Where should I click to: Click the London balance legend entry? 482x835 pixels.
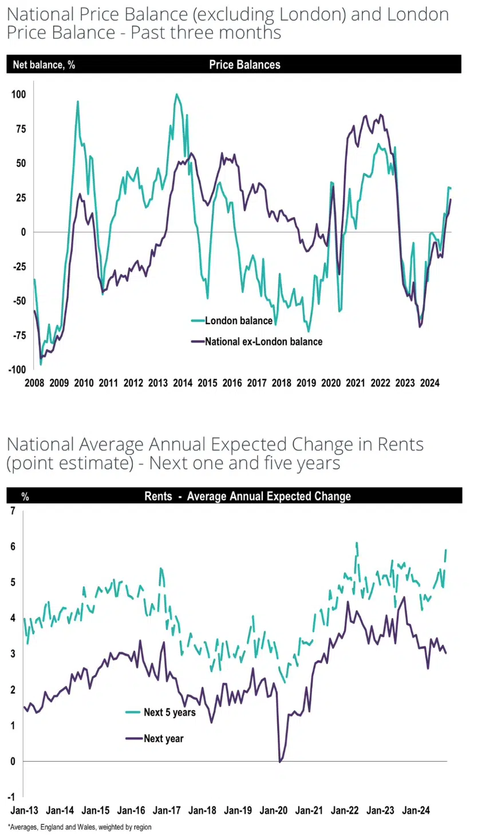(x=238, y=321)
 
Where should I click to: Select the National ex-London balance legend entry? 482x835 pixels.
(x=263, y=341)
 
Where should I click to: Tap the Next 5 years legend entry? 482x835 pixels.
(x=169, y=712)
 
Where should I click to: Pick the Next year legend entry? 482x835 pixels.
(x=163, y=739)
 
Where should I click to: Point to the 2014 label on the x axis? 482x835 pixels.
(x=183, y=383)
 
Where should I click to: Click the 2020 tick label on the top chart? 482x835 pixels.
(x=331, y=383)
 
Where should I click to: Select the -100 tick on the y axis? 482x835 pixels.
(x=17, y=369)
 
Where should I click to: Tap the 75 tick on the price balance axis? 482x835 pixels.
(x=21, y=129)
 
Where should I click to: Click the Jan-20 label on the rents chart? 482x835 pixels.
(x=274, y=810)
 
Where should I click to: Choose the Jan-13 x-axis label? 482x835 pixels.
(x=24, y=810)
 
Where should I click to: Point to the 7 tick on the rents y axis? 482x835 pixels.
(x=13, y=510)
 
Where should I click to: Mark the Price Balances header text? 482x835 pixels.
(x=244, y=65)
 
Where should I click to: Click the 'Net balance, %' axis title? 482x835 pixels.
(x=44, y=65)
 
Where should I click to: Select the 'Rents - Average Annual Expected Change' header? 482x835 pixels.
(x=247, y=497)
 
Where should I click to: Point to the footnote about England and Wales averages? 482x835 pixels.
(x=80, y=827)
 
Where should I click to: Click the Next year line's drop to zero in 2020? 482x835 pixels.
(x=280, y=761)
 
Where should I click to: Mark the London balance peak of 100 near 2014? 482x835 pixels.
(x=176, y=94)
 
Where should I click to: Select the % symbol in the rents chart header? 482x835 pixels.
(x=25, y=497)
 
